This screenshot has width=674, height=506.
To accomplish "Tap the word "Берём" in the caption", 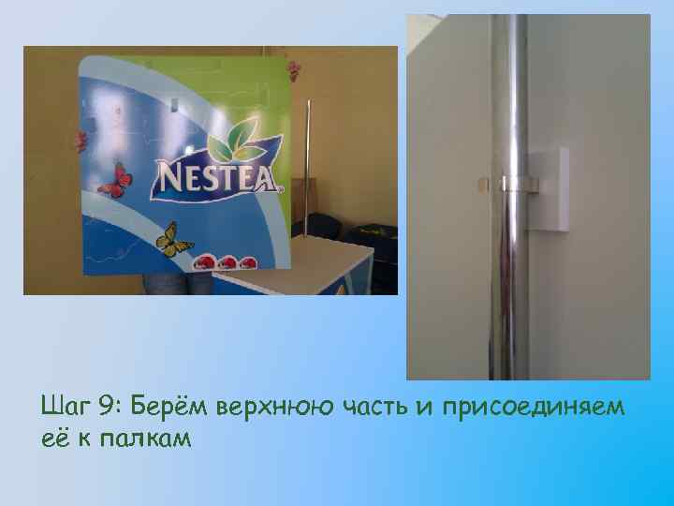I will click(x=169, y=405).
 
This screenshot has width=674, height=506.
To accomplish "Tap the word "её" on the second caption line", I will click(x=53, y=439).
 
